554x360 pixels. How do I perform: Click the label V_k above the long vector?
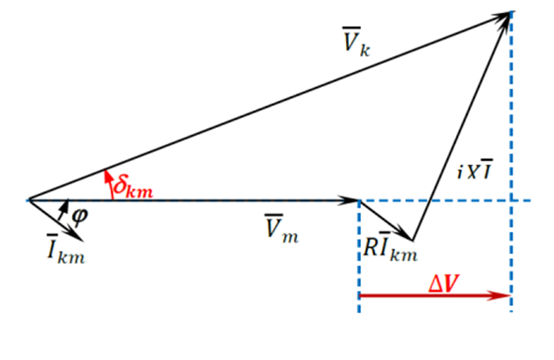coord(355,46)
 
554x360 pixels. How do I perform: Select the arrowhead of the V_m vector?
coord(353,200)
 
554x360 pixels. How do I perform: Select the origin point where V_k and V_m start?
coord(28,199)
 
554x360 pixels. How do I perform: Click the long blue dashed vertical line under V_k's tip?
coord(512,119)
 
